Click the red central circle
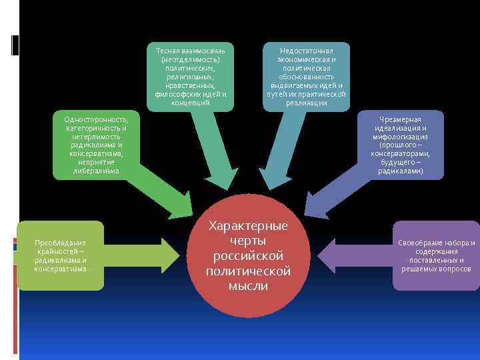click(249, 256)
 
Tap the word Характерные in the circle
click(249, 225)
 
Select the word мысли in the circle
click(249, 286)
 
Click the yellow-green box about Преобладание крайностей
click(61, 255)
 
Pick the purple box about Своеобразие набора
click(436, 255)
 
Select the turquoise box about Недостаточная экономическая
click(306, 77)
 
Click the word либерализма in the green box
click(96, 171)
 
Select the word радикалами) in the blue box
click(400, 171)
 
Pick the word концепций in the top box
click(190, 103)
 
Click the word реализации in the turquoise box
click(306, 103)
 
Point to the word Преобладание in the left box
click(61, 243)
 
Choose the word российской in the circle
click(249, 256)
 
